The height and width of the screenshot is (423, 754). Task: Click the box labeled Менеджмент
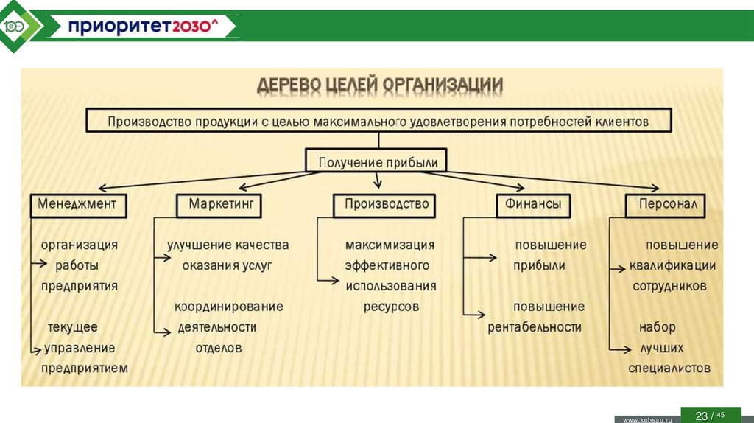tap(78, 205)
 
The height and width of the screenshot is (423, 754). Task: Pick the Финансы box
tap(532, 205)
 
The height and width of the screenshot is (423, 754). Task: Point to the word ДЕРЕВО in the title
tap(289, 85)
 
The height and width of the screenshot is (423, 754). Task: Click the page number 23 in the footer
tap(701, 416)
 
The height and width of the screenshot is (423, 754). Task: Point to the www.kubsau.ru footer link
tap(648, 419)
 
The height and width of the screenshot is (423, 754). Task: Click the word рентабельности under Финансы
tap(535, 327)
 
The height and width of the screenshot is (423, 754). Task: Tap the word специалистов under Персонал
tap(669, 368)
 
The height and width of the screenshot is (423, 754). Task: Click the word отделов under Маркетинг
tap(218, 348)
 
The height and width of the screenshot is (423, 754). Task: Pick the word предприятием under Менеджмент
tap(84, 368)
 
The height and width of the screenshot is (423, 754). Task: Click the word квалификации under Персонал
tap(672, 265)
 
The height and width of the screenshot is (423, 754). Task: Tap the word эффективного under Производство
tap(387, 265)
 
